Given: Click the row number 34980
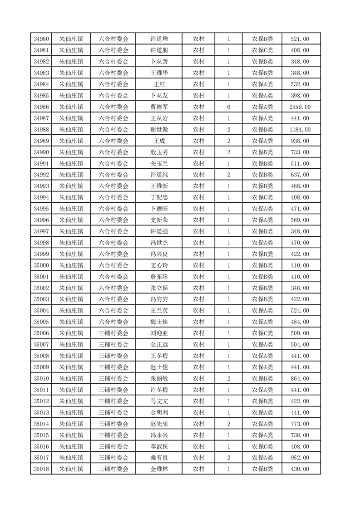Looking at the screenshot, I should coord(41,39).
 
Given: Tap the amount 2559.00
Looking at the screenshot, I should coord(300,107).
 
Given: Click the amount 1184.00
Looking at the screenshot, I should coord(300,130).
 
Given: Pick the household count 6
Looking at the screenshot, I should coord(228,107).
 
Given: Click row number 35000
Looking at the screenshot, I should coord(41,265).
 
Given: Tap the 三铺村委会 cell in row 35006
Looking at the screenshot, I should coord(113,333).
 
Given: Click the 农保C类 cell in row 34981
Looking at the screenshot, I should coord(262,50).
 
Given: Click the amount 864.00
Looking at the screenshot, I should coord(300,378).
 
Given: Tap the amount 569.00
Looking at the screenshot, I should coord(300,220).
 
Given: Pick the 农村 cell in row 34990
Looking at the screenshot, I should coord(198,152).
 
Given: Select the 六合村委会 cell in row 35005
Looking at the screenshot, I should coord(113,322).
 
